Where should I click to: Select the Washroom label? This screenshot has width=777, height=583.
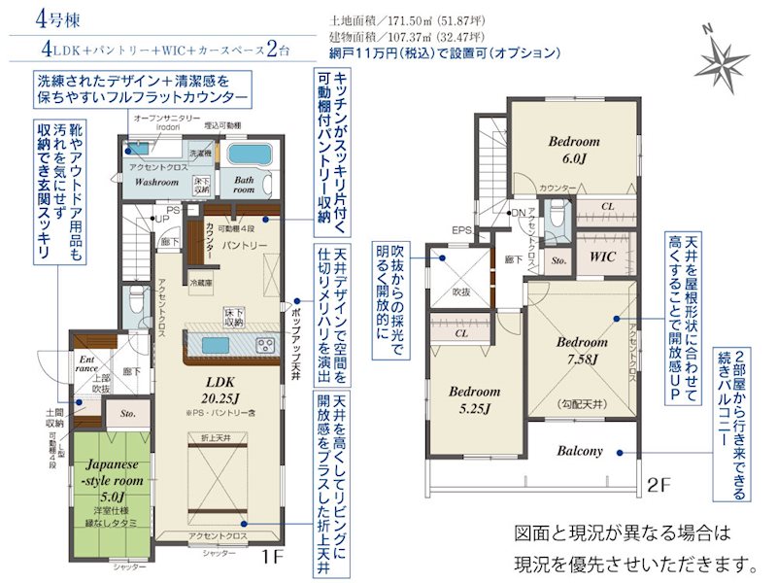point(155,182)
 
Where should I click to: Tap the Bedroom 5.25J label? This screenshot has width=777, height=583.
point(474,399)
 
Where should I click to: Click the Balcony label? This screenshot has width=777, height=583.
point(581,451)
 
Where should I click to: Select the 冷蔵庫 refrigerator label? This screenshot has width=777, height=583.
point(201,283)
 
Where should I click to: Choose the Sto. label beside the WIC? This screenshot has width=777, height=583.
point(558,260)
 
